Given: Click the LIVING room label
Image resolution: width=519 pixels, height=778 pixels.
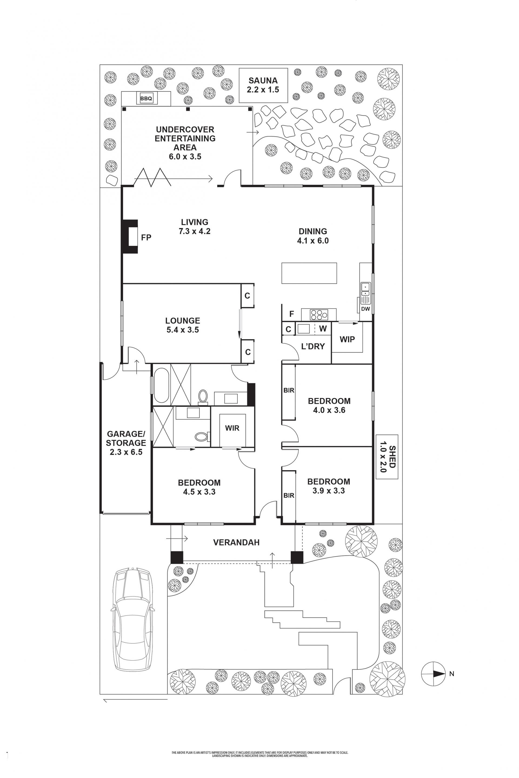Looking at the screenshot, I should click(x=195, y=222).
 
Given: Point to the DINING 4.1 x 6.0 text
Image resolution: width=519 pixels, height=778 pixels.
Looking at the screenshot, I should click(x=313, y=236).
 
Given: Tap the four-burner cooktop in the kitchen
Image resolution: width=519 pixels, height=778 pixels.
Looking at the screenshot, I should click(x=319, y=314).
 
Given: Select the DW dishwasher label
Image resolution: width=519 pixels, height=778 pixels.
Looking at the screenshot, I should click(x=365, y=309).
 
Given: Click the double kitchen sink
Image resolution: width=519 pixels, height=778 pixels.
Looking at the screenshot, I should click(x=365, y=289).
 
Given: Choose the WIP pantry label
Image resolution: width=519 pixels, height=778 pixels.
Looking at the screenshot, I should click(x=347, y=339).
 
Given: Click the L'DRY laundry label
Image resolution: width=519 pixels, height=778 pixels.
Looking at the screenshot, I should click(x=313, y=346).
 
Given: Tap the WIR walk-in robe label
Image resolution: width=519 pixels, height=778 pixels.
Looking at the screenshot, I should click(x=232, y=428).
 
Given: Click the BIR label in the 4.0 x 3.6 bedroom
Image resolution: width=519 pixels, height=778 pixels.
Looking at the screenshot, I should click(x=289, y=390).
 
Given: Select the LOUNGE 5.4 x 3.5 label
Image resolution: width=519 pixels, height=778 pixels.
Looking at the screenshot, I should click(x=182, y=325).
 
